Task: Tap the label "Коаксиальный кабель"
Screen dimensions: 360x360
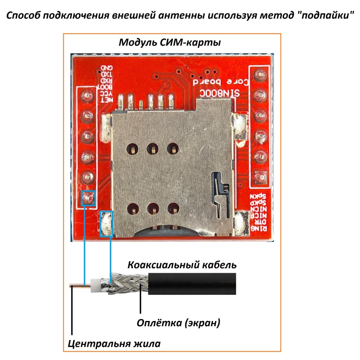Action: click(x=182, y=264)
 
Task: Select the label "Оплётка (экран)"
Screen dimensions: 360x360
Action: click(x=179, y=322)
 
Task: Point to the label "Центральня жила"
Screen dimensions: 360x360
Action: click(x=114, y=343)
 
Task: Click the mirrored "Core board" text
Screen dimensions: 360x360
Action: click(x=221, y=82)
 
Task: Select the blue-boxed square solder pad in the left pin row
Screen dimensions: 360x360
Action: click(x=88, y=198)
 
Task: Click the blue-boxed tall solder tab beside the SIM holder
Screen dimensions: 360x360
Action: click(x=107, y=223)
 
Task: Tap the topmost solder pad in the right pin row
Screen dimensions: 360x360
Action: click(x=260, y=75)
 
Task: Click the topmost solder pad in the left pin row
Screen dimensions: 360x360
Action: click(x=87, y=96)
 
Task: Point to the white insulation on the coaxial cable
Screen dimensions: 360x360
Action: click(x=95, y=284)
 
